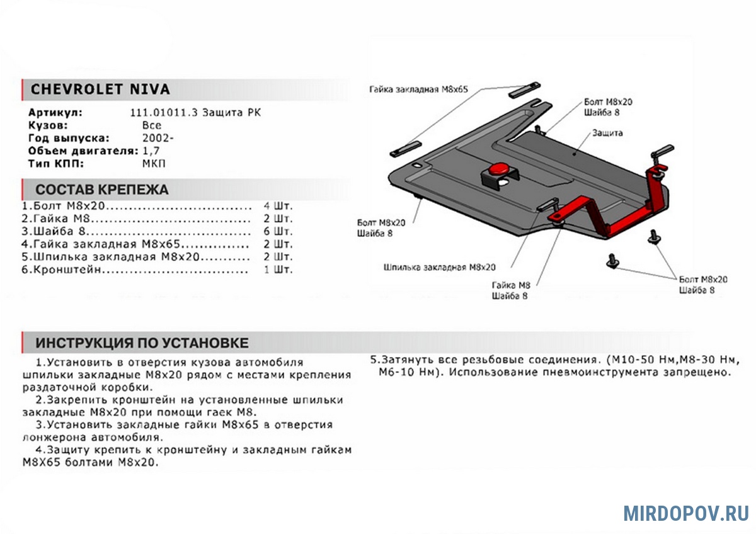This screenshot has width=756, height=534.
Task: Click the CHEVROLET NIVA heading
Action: [x=100, y=89]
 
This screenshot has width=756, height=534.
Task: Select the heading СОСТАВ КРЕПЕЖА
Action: [x=101, y=190]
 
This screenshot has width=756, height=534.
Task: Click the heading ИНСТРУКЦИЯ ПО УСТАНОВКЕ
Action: [x=142, y=343]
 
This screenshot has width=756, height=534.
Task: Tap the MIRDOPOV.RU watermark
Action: [x=686, y=513]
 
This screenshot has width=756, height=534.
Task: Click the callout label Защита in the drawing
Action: [x=607, y=133]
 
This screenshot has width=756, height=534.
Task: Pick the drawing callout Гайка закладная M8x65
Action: [x=418, y=90]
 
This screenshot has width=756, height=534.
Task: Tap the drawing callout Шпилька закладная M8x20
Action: [x=439, y=267]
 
